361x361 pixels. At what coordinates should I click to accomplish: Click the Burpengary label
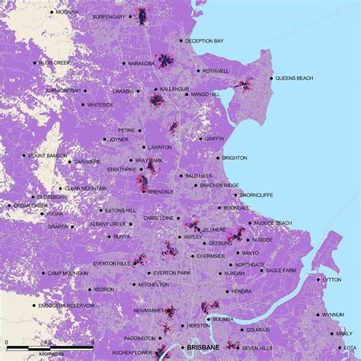click(x=108, y=14)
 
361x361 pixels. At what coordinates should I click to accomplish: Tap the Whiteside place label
click(x=100, y=104)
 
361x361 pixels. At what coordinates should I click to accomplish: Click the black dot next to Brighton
click(x=216, y=158)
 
